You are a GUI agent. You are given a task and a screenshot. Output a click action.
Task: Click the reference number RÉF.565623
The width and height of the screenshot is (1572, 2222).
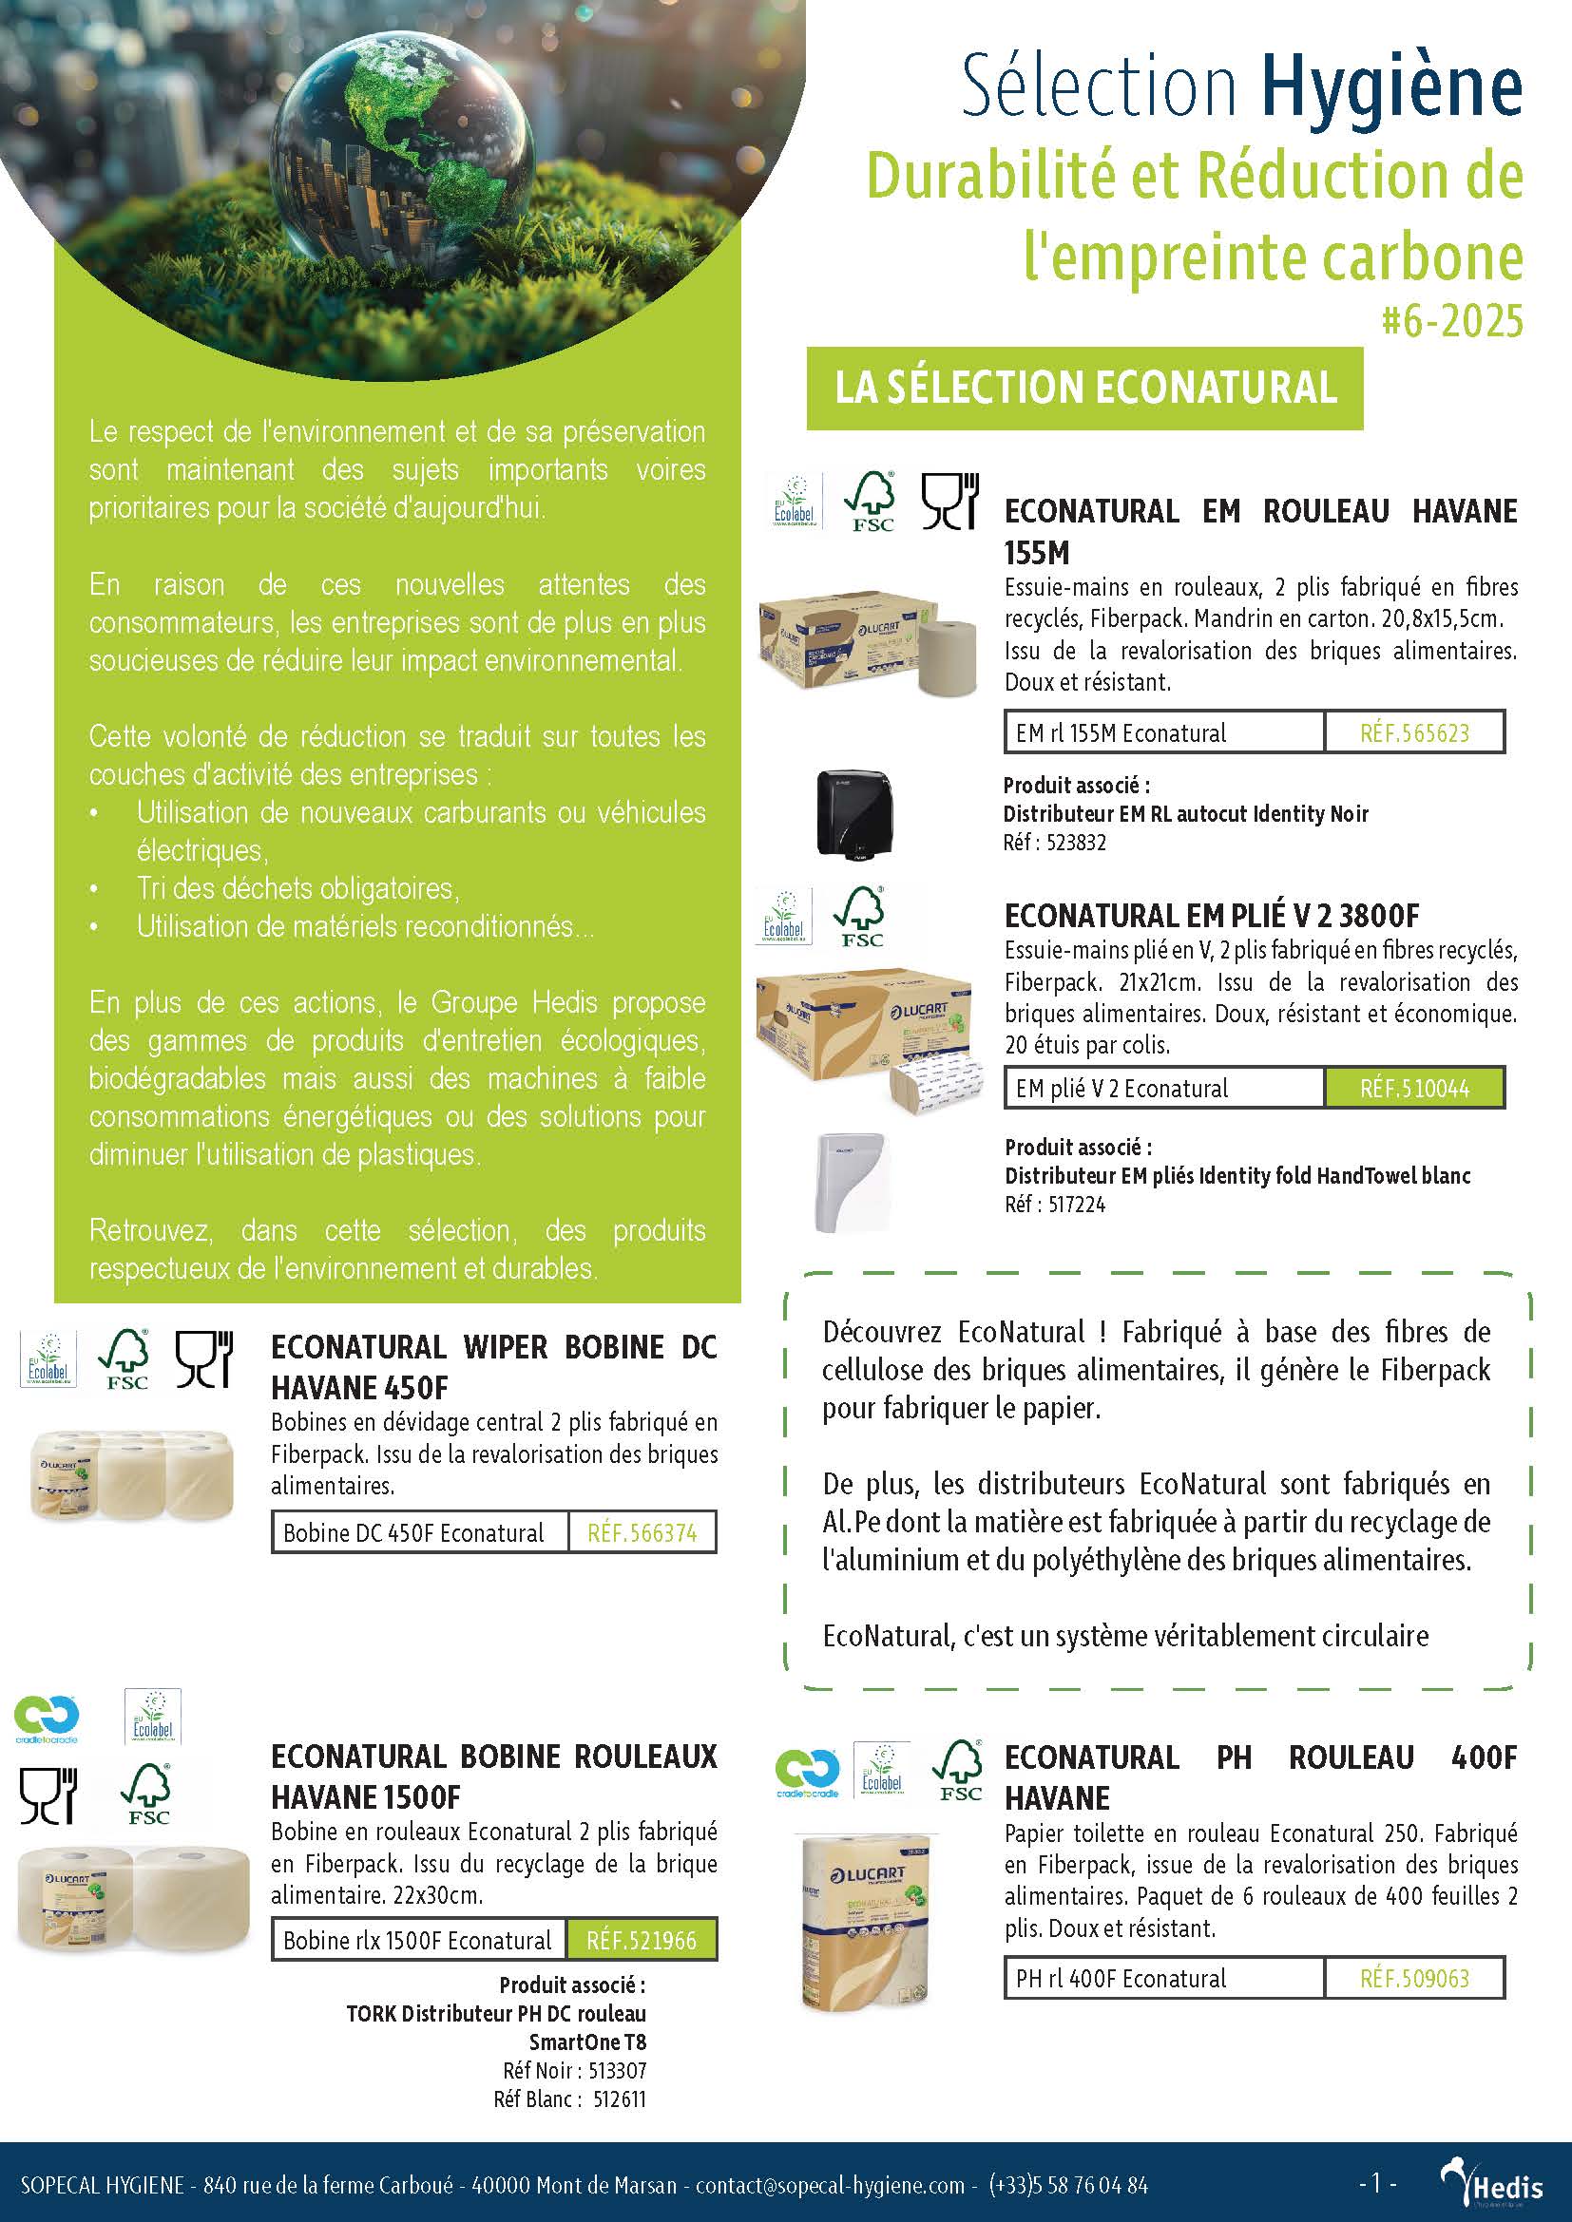pos(1414,732)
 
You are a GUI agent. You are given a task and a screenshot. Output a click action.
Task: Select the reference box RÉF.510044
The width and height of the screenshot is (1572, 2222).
pos(1414,1088)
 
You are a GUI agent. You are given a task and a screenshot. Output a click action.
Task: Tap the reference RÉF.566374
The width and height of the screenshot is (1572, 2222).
pos(642,1532)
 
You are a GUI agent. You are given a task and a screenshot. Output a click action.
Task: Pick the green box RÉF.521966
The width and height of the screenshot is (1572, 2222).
pos(641,1940)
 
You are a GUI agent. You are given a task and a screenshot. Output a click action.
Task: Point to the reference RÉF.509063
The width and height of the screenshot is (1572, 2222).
pos(1414,1977)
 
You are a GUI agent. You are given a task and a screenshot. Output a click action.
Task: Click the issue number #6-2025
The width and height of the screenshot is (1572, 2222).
pos(1452,321)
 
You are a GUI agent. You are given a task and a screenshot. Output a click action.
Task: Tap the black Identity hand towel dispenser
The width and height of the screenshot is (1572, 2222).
pos(855,813)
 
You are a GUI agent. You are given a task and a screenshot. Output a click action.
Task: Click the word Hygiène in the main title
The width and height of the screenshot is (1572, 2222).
pos(1391,86)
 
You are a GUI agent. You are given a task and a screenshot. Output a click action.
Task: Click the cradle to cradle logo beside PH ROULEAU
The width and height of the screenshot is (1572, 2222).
pos(808,1770)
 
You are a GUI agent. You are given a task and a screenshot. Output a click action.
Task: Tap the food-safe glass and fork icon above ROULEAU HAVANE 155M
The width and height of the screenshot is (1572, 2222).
pos(949,501)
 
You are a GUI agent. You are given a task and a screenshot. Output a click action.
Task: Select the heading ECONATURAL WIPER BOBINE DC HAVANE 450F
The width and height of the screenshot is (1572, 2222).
pos(493,1366)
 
